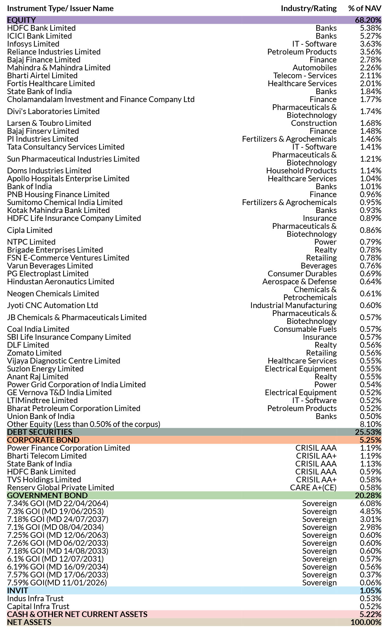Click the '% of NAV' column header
point(364,9)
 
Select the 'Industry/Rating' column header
point(309,9)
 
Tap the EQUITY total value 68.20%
point(368,20)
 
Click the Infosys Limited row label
point(33,44)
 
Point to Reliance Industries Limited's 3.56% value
point(371,52)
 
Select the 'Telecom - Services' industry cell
point(305,76)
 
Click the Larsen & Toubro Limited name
point(49,123)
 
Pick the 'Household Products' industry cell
point(301,171)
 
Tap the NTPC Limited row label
point(31,242)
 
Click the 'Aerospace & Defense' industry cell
point(299,282)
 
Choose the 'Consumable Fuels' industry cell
point(305,329)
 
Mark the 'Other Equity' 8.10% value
point(371,424)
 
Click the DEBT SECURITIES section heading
point(40,432)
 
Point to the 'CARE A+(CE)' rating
point(313,488)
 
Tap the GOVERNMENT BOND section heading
point(47,496)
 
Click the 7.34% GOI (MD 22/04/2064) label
point(58,504)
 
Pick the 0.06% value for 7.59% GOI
point(371,583)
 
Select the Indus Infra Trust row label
point(35,599)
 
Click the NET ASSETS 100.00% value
point(366,622)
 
